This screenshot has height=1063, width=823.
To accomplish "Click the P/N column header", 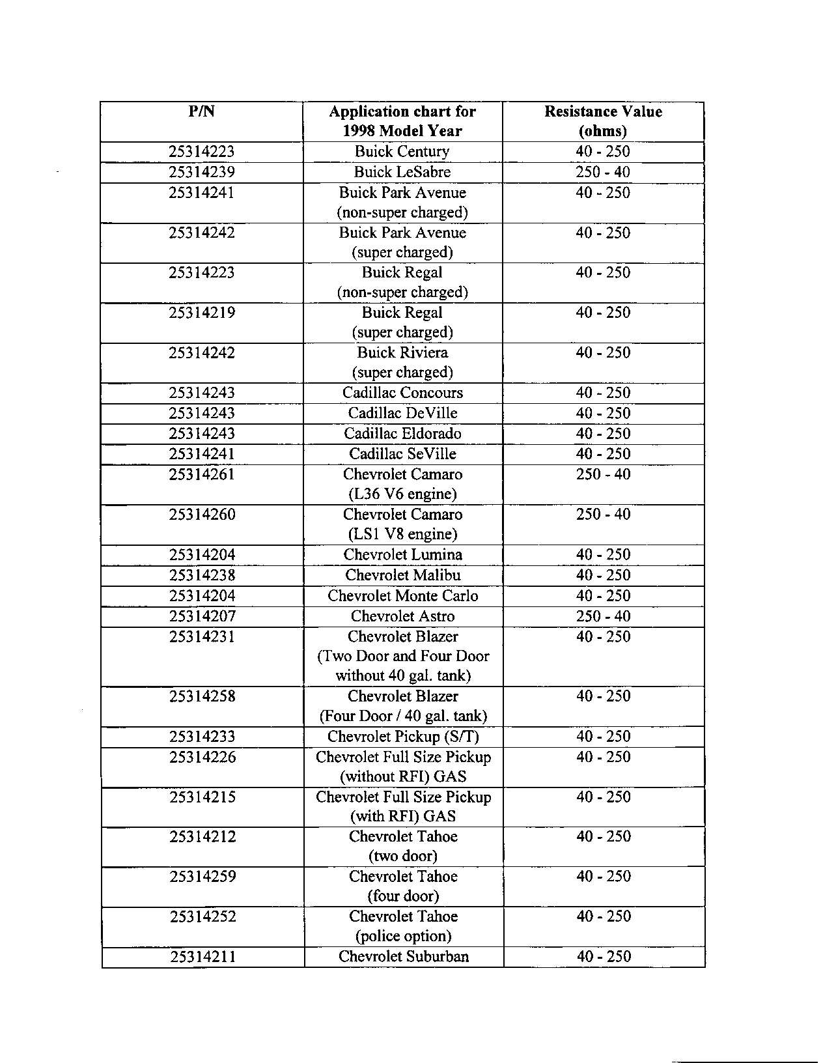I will [202, 111].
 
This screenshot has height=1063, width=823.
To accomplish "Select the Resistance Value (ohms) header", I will [603, 121].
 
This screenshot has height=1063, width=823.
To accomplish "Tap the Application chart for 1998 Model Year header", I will [402, 121].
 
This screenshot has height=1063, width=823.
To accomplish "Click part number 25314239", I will [202, 172].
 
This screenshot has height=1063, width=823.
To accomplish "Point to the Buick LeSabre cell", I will [402, 172].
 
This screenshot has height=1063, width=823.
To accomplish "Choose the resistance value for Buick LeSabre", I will [603, 172].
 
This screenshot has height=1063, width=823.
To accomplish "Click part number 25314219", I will [202, 313].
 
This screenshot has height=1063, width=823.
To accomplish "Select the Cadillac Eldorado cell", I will [402, 434].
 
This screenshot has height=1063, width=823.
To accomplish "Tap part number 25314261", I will [202, 474].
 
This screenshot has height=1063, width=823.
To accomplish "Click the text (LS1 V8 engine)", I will [402, 534].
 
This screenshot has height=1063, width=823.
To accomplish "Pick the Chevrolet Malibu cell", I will [402, 575].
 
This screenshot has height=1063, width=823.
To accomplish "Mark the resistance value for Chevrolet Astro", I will [603, 616].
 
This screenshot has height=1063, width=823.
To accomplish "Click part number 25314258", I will [202, 696].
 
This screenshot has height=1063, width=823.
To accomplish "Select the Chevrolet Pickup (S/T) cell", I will [403, 737].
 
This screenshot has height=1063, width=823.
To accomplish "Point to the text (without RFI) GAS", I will [403, 776].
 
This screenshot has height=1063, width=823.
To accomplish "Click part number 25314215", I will [202, 797].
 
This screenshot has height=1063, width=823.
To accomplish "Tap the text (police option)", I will [403, 936].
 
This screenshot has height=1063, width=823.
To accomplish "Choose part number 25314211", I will [202, 957].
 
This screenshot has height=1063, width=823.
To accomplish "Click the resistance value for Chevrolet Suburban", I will [604, 957].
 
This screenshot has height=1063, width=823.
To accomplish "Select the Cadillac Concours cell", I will [402, 393].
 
